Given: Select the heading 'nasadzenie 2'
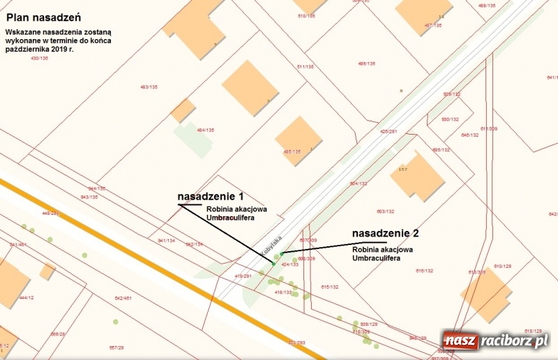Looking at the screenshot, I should click(385, 233).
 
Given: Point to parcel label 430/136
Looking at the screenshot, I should click(39, 58).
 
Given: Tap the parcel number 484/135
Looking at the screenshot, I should click(205, 130).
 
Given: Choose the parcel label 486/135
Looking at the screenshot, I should click(366, 63).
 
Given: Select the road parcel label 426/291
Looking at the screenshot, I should click(388, 131).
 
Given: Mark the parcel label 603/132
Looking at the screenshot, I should click(385, 211).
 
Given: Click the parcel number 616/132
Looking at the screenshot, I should click(425, 271).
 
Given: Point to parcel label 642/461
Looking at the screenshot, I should click(123, 298).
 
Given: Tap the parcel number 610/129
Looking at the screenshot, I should click(502, 267).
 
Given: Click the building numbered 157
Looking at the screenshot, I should click(416, 175).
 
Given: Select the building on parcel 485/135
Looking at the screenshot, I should click(298, 140).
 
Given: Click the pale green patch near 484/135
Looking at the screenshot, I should click(192, 139).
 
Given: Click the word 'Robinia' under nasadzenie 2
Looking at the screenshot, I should click(365, 249).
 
